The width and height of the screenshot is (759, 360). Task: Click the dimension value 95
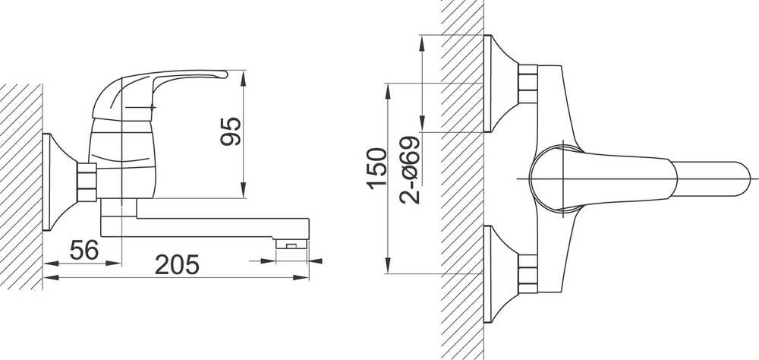[231, 131]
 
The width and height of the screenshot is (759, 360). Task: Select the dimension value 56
[84, 250]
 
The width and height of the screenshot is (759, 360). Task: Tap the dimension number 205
[177, 265]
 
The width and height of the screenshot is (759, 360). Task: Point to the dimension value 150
[377, 168]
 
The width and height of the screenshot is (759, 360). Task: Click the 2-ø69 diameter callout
[410, 169]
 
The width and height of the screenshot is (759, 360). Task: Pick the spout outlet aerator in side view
[291, 244]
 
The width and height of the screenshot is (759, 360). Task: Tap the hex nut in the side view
[87, 182]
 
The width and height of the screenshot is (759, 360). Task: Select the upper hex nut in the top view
[528, 84]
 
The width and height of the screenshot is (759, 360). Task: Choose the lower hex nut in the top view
[528, 273]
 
